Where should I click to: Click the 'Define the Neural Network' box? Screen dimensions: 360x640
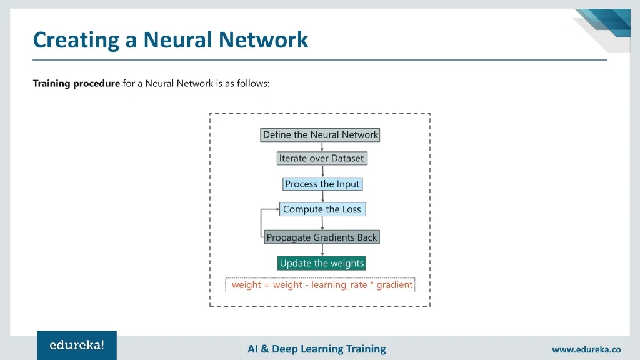tap(320, 134)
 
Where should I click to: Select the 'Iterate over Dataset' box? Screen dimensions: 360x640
tap(321, 158)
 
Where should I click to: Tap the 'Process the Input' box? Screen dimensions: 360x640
tap(322, 184)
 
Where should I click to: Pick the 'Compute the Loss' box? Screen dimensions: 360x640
tap(322, 209)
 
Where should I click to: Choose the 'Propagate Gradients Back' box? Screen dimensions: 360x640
tap(322, 237)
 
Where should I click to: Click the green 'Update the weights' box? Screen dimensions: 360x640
tap(321, 263)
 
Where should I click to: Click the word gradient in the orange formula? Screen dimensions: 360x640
tap(394, 285)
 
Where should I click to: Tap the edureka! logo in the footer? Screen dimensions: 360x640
tap(77, 345)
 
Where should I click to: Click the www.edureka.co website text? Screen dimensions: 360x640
tap(586, 350)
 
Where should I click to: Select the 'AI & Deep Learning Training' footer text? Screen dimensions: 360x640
tap(317, 349)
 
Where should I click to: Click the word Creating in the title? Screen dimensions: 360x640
tap(77, 40)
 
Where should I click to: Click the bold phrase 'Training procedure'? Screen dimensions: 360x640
tap(76, 83)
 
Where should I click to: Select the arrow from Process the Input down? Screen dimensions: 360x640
tap(322, 196)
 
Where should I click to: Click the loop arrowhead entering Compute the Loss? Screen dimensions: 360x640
tap(277, 209)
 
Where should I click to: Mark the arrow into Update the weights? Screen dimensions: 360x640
tap(322, 251)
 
